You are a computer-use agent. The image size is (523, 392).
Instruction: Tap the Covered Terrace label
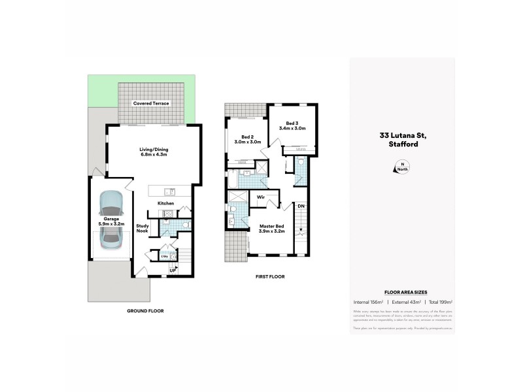pos(151,104)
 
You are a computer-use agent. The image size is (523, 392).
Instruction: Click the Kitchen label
pos(165,204)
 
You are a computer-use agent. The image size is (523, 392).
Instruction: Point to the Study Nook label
pos(143,229)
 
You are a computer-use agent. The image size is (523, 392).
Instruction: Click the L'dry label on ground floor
pos(165,256)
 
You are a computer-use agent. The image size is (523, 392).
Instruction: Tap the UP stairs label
pos(173,269)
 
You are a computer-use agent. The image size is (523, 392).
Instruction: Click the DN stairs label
pos(301,206)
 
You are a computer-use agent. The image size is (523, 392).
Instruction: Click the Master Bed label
pos(271,229)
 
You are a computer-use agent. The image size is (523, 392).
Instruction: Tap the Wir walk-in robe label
pos(260,196)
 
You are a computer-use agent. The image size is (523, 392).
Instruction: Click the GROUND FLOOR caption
pos(145,311)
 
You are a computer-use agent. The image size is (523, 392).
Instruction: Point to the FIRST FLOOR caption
pos(269,276)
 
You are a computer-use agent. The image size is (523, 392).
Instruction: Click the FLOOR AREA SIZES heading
pos(402,293)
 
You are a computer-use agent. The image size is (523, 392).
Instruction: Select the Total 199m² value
pos(439,302)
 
